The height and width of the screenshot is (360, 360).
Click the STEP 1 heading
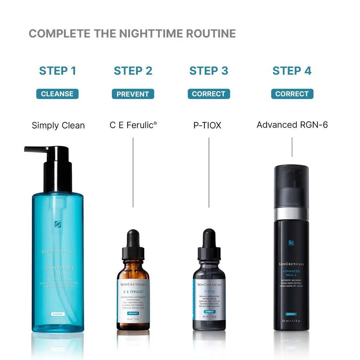point(58,71)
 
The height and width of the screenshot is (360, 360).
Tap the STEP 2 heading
point(133,71)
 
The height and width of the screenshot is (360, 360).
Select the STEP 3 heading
point(209,71)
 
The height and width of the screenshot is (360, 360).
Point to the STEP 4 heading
point(292,71)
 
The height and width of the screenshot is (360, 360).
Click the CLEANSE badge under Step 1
point(57,94)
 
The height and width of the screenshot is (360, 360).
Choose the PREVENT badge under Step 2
point(133,94)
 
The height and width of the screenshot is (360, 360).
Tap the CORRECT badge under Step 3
point(209,94)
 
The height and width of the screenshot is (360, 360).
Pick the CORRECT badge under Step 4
point(292,94)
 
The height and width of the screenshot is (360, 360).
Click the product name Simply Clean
point(58,125)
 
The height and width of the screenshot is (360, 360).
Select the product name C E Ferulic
point(133,125)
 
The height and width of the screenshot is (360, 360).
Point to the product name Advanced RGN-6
point(292,125)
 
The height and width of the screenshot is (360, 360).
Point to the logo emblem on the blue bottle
point(58,224)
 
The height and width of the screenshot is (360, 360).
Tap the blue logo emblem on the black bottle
point(291,243)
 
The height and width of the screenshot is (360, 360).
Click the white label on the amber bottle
point(133,300)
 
